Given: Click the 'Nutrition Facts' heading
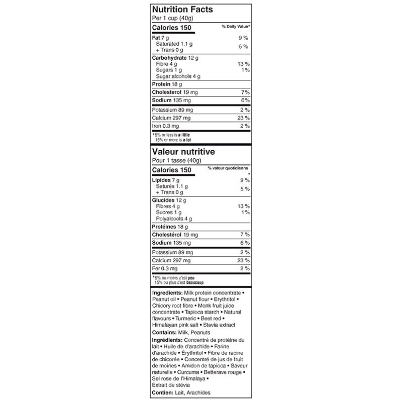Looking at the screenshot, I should coord(182,9).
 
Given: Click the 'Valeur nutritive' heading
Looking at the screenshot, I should coord(184,151).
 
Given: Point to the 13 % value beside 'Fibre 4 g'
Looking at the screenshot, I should coord(243,64).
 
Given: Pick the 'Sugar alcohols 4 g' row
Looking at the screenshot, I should coord(178,76).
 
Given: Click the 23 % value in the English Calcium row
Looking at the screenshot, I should coord(243,118).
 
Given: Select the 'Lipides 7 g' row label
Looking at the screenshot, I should coord(165,179).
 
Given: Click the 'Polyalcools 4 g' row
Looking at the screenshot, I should coord(174,219).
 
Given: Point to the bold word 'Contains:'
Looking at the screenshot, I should coord(165,333).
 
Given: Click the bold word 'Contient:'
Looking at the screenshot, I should coord(164,392).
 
